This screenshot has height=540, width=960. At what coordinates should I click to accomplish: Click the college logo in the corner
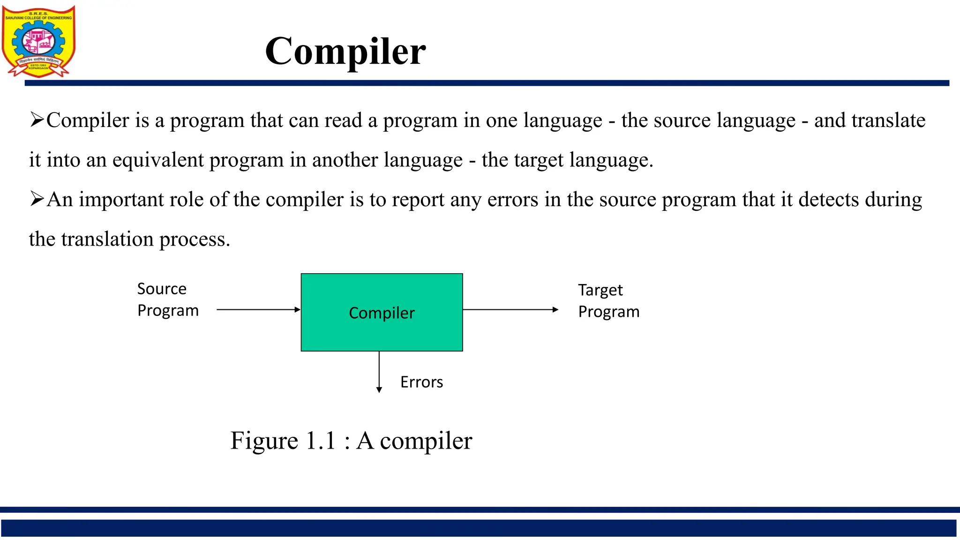(38, 41)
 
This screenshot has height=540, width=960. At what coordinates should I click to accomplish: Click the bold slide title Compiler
(345, 51)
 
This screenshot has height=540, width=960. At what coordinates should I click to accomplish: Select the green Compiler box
(382, 312)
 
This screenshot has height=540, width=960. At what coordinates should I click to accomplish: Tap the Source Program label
(167, 300)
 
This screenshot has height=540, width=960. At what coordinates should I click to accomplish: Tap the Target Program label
(608, 301)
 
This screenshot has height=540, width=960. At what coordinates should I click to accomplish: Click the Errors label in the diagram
(421, 382)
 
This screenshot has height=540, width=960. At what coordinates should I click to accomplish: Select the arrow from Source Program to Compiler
(258, 309)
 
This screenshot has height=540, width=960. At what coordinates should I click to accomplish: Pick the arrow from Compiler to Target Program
(510, 309)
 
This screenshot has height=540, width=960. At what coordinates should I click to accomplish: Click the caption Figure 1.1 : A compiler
(351, 441)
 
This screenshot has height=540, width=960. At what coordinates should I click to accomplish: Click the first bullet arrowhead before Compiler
(37, 120)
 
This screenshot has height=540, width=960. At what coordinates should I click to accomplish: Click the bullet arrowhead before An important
(37, 199)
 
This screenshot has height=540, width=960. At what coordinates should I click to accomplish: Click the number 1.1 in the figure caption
(321, 441)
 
